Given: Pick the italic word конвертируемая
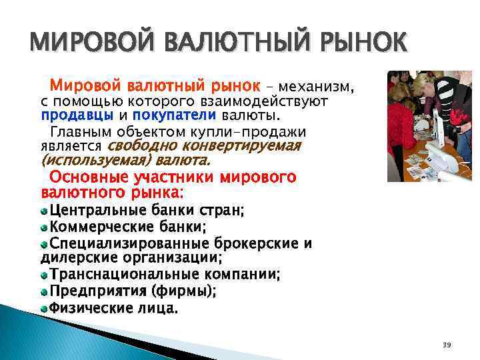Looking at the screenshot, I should [250, 145].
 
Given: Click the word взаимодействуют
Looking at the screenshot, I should [274, 101].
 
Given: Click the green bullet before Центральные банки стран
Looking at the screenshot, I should [44, 211].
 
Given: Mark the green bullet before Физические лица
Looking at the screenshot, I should [44, 309].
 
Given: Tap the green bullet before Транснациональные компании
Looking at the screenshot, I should [44, 275].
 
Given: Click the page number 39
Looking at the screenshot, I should [447, 344].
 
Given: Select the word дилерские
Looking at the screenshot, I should [75, 257].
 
